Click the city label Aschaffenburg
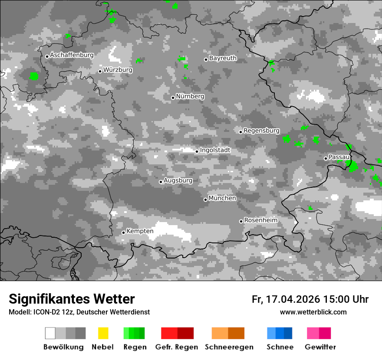[72, 56]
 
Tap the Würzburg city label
[118, 70]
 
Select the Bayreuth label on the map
[223, 58]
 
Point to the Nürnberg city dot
[173, 98]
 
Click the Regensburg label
[261, 131]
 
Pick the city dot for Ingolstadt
[197, 151]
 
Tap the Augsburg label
[178, 180]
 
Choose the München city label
[222, 198]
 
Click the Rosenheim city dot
[241, 221]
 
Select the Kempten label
[140, 231]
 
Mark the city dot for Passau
[326, 158]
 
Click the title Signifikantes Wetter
[72, 299]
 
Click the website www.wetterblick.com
[313, 312]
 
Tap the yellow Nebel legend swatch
[103, 333]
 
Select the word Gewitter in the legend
[320, 347]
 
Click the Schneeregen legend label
[229, 347]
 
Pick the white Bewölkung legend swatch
[50, 333]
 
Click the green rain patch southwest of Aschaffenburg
[34, 76]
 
